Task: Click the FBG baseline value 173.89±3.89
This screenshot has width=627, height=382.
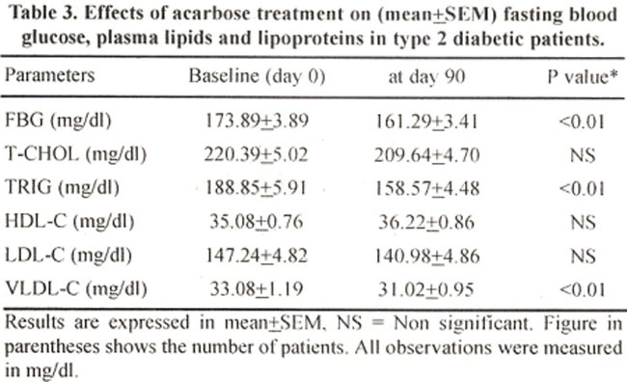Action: point(257,121)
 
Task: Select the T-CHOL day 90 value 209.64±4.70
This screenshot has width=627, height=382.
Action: point(426,154)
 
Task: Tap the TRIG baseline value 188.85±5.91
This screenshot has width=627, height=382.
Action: point(256,188)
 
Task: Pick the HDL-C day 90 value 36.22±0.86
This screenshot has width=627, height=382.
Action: point(426,222)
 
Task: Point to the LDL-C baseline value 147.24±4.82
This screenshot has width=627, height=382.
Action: point(257,256)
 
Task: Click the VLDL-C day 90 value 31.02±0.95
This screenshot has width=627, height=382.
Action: point(425,289)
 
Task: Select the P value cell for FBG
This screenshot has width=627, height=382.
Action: point(582,122)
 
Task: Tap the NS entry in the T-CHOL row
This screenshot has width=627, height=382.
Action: point(583,155)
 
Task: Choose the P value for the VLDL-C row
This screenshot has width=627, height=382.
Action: point(582,289)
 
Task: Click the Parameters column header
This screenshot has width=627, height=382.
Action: point(49,75)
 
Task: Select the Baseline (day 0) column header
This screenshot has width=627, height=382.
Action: point(257,76)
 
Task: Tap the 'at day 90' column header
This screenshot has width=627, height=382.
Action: point(426,76)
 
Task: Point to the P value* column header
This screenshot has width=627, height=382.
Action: point(583,76)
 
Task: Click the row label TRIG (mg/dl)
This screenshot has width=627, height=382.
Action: point(62,187)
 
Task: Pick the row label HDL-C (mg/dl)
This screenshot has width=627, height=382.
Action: point(69,222)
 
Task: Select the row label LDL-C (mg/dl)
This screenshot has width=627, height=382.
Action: point(68,256)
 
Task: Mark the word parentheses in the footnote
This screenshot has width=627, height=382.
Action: point(52,348)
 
